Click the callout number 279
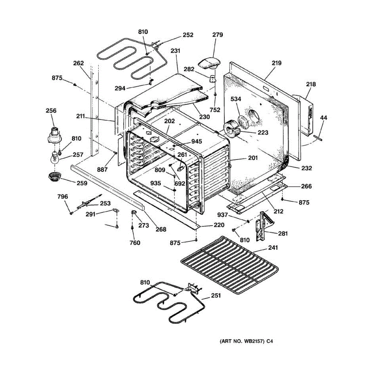[x=218, y=35]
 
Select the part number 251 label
[x=216, y=295]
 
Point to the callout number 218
[x=311, y=84]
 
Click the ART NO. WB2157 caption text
[x=246, y=341]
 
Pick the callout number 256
[x=51, y=110]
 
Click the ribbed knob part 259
[x=55, y=177]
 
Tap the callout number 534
[x=236, y=99]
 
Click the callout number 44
[x=324, y=118]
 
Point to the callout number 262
[x=79, y=63]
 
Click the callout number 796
[x=62, y=196]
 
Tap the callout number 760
[x=135, y=242]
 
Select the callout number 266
[x=306, y=186]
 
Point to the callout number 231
[x=175, y=51]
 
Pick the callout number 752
[x=215, y=110]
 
